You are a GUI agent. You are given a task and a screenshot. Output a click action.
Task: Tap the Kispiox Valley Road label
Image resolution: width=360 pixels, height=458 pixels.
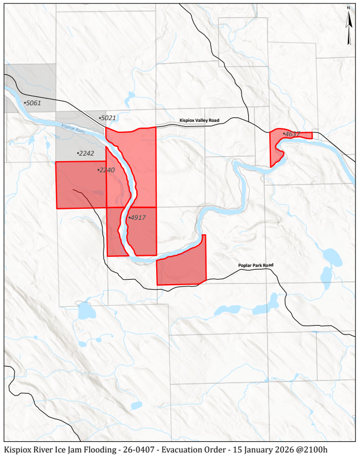(199, 120)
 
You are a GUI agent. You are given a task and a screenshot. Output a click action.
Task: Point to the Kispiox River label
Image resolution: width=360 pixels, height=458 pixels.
(73, 128)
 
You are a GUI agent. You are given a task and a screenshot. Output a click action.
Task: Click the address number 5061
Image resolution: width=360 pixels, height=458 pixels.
(33, 103)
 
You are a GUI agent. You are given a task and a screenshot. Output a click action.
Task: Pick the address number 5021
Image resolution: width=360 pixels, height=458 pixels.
(108, 118)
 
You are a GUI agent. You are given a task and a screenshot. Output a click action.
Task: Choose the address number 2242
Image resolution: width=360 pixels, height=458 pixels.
(86, 153)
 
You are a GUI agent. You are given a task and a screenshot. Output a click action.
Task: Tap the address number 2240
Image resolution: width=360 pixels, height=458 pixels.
(106, 170)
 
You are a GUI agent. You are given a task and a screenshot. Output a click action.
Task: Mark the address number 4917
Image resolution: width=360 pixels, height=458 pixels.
(137, 218)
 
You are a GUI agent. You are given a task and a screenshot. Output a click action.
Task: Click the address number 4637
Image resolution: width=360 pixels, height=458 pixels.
(291, 134)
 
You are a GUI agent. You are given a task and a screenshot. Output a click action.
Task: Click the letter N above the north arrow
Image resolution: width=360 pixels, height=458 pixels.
(349, 8)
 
